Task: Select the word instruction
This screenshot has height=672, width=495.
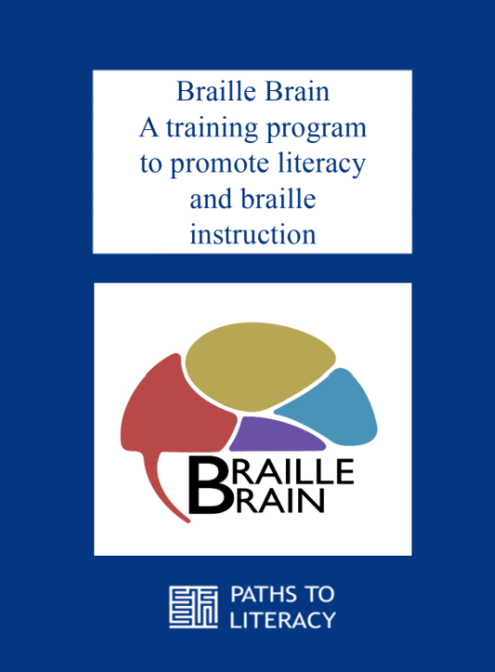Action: click(x=253, y=235)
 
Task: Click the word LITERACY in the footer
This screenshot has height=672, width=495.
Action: click(x=277, y=619)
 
